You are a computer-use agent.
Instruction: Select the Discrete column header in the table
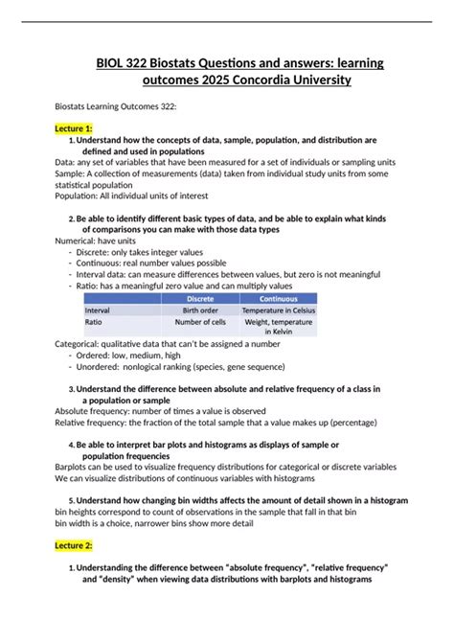click(x=200, y=299)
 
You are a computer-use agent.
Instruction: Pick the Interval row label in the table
click(x=98, y=310)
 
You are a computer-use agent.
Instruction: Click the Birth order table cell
click(x=200, y=310)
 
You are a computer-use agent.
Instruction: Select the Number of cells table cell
click(x=200, y=323)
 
